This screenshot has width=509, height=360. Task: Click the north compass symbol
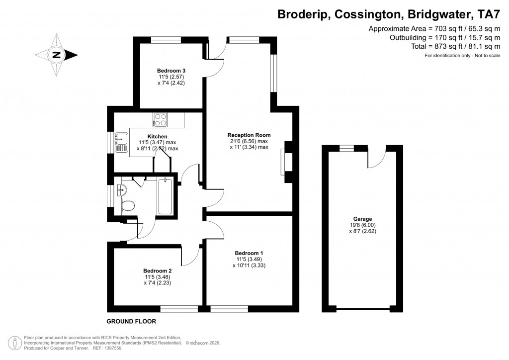[56, 55]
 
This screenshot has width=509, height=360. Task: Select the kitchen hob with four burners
[161, 119]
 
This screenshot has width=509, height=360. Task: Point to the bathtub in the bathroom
[166, 196]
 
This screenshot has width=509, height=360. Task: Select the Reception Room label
[249, 135]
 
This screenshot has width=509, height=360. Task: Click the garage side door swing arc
[377, 158]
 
